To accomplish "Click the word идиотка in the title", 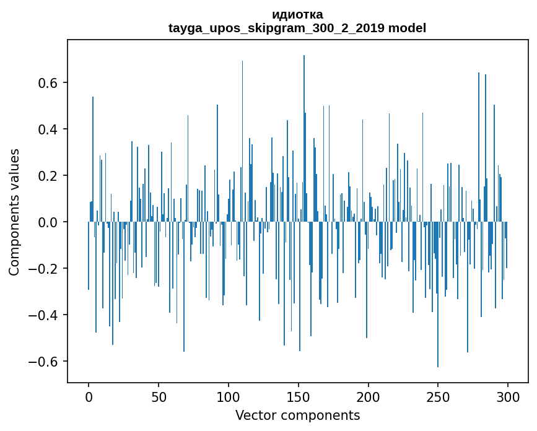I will [x=297, y=14].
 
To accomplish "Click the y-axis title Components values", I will [x=14, y=212].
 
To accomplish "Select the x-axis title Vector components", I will [x=297, y=415].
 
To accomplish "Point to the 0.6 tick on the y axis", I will [x=49, y=83].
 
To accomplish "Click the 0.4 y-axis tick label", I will [x=49, y=129].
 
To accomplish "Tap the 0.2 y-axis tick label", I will [x=49, y=176].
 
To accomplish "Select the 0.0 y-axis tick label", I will [x=49, y=222].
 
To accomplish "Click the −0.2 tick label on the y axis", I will [x=45, y=269].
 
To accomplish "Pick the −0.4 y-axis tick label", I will [x=45, y=315].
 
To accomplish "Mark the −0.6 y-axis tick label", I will [x=45, y=362].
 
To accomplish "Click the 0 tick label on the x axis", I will [x=89, y=396].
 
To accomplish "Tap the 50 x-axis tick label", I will [x=159, y=396].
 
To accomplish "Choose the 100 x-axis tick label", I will [x=229, y=396].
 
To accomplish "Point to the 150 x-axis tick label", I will [x=299, y=396].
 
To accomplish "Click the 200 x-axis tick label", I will [x=369, y=396].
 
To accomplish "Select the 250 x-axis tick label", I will [x=439, y=396].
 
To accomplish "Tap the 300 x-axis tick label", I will [x=508, y=396].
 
